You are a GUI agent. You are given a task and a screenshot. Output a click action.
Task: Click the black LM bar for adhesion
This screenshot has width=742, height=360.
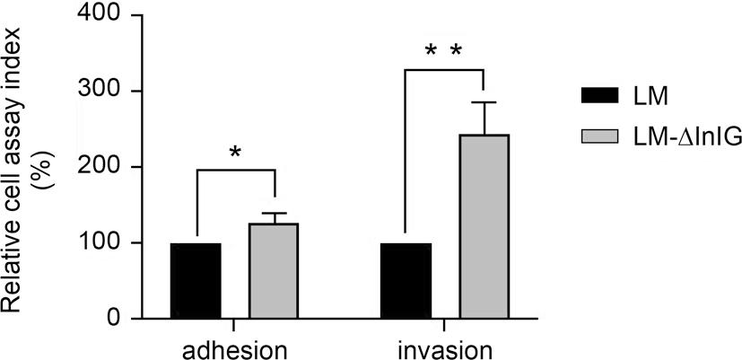tap(196, 280)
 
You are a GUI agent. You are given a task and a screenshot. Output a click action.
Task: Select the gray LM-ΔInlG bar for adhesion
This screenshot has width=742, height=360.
tap(274, 270)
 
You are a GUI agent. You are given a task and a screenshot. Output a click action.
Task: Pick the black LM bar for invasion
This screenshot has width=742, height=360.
tap(406, 280)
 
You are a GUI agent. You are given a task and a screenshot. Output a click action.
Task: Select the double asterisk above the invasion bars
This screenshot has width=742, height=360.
tap(443, 53)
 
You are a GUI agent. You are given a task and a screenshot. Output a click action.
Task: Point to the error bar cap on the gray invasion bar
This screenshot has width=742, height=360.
tap(484, 102)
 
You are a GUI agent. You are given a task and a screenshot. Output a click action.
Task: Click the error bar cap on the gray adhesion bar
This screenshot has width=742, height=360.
tap(274, 214)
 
